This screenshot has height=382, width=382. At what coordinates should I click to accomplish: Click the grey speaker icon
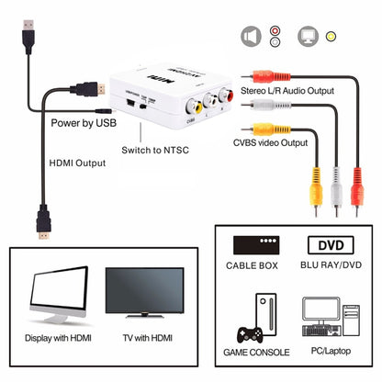250,36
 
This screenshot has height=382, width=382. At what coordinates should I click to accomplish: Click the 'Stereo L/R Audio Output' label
287,91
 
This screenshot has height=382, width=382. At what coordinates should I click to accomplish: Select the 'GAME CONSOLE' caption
258,353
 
